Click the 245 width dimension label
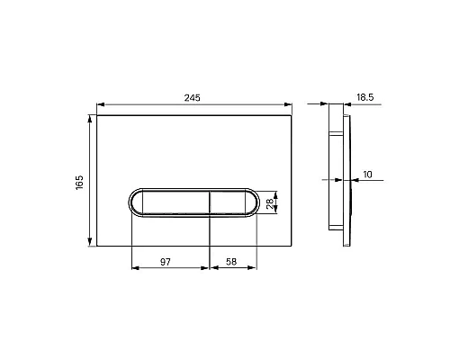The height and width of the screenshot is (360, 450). pyautogui.click(x=192, y=98)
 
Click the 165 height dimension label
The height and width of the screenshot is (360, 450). pyautogui.click(x=79, y=183)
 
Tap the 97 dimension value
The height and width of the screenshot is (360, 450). pyautogui.click(x=166, y=262)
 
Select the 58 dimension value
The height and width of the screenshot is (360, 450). pyautogui.click(x=231, y=262)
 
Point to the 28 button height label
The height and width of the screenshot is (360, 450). pyautogui.click(x=270, y=203)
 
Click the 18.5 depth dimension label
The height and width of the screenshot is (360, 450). pyautogui.click(x=365, y=97)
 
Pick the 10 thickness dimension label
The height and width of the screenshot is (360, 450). pyautogui.click(x=367, y=175)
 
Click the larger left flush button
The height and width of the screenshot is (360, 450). pyautogui.click(x=175, y=202)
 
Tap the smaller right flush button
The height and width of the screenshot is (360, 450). pyautogui.click(x=228, y=202)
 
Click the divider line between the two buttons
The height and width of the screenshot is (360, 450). pyautogui.click(x=210, y=202)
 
